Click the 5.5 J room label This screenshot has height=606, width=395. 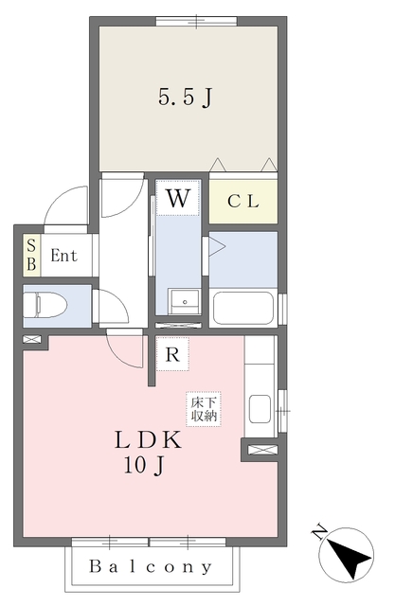pyautogui.click(x=186, y=97)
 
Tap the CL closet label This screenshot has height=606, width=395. pyautogui.click(x=243, y=202)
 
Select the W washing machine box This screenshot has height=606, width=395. pyautogui.click(x=178, y=198)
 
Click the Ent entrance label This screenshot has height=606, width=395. pyautogui.click(x=64, y=256)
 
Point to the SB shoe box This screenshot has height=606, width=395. pyautogui.click(x=31, y=255)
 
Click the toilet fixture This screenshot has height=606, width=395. pyautogui.click(x=45, y=305)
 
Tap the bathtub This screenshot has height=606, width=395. pyautogui.click(x=243, y=308)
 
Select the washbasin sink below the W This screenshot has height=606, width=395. pyautogui.click(x=185, y=301)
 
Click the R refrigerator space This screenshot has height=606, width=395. pyautogui.click(x=172, y=354)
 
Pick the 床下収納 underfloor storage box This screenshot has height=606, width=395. pyautogui.click(x=204, y=409)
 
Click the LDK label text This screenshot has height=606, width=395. pyautogui.click(x=148, y=440)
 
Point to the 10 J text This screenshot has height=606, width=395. pyautogui.click(x=144, y=465)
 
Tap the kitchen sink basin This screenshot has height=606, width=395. pyautogui.click(x=260, y=409)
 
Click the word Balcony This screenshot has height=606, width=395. pyautogui.click(x=151, y=566)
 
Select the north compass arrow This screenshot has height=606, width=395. pyautogui.click(x=349, y=556)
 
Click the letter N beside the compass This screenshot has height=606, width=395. pyautogui.click(x=319, y=532)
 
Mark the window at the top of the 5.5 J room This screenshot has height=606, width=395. pyautogui.click(x=196, y=21)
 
